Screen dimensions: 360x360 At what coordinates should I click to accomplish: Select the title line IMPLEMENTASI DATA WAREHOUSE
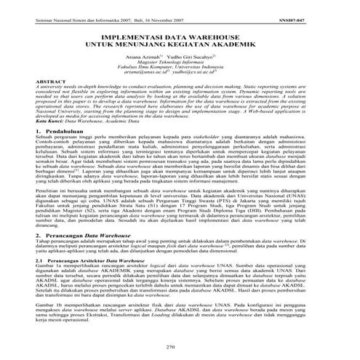180,33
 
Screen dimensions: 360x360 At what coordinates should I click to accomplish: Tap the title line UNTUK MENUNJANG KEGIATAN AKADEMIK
180,43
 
